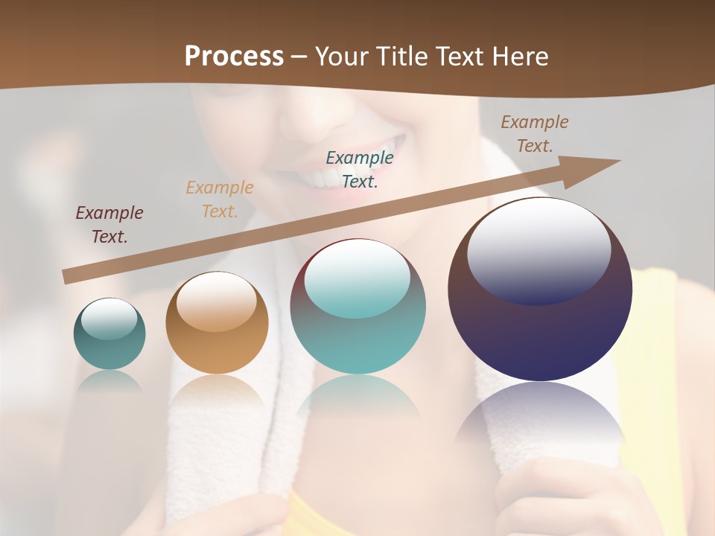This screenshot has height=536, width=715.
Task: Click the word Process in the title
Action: [234, 57]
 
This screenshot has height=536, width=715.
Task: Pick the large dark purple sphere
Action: [540, 328]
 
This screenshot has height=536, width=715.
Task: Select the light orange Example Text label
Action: [220, 200]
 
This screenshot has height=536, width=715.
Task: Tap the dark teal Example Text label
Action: [360, 169]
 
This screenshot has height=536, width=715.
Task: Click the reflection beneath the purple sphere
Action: [540, 417]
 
